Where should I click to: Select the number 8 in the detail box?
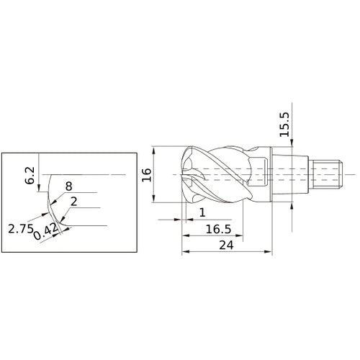[68, 186]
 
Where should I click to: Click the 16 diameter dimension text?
[146, 175]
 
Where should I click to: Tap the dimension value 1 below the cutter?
[202, 213]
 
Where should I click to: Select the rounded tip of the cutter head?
[184, 175]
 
